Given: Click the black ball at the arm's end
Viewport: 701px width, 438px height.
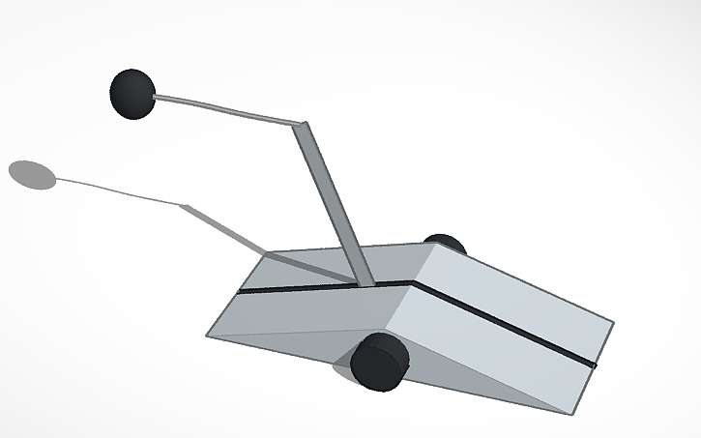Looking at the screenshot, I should (132, 93).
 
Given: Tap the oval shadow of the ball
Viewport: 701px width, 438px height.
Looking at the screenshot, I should (33, 174).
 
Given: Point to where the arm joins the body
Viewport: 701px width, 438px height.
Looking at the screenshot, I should (366, 284).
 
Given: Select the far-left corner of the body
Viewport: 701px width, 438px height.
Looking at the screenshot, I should (208, 336).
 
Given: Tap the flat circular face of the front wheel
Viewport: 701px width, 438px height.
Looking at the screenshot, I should (374, 365).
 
